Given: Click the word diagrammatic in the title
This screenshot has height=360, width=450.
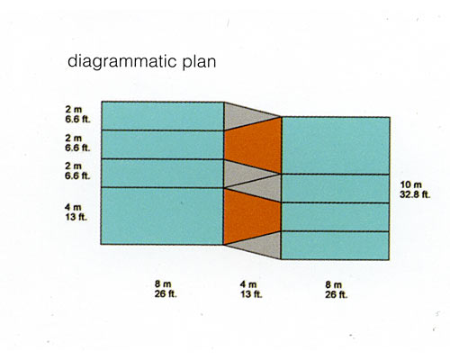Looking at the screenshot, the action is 121,62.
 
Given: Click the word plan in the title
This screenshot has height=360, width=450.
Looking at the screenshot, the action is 199,62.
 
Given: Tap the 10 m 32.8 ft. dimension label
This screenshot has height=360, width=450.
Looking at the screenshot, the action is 415,190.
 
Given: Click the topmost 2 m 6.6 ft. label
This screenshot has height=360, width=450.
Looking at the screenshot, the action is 77,114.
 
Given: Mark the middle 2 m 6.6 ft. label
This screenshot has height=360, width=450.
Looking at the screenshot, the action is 77,143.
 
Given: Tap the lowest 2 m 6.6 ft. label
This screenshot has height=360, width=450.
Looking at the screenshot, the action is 77,171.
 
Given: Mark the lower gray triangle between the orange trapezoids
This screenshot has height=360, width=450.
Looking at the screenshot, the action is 262,188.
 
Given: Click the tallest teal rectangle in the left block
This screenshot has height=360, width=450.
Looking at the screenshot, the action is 162,216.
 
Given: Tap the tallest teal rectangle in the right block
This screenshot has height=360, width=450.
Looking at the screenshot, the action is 336,145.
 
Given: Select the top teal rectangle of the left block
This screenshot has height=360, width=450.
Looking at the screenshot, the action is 163,116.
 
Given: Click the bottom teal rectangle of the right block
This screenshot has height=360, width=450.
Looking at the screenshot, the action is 335,246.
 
